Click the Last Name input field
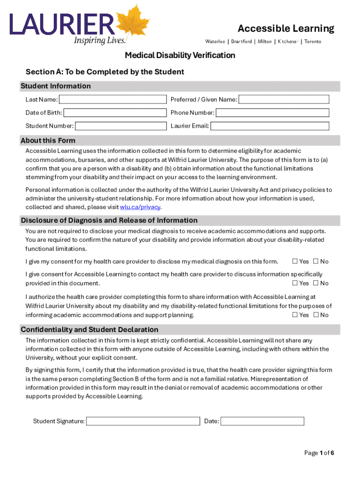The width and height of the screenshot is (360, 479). pyautogui.click(x=113, y=99)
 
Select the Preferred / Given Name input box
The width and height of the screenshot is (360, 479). pyautogui.click(x=284, y=99)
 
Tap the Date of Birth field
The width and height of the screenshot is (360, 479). pyautogui.click(x=115, y=113)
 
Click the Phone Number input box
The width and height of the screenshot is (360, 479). pyautogui.click(x=272, y=113)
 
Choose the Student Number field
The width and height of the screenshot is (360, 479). pyautogui.click(x=121, y=126)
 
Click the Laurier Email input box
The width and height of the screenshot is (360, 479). pyautogui.click(x=269, y=126)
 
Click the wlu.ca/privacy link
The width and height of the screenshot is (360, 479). pyautogui.click(x=140, y=207)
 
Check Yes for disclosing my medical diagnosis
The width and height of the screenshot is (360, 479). pyautogui.click(x=295, y=261)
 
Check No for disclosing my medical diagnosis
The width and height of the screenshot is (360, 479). pyautogui.click(x=316, y=261)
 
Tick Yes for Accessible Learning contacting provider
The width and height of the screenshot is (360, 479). pyautogui.click(x=295, y=283)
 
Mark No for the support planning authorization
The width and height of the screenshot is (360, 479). pyautogui.click(x=316, y=315)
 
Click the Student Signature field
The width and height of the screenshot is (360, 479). pyautogui.click(x=143, y=421)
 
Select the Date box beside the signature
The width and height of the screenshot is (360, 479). pyautogui.click(x=262, y=421)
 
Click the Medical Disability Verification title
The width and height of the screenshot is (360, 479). pyautogui.click(x=180, y=56)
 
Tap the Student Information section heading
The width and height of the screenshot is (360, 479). pyautogui.click(x=56, y=86)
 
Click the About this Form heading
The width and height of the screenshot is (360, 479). pyautogui.click(x=48, y=140)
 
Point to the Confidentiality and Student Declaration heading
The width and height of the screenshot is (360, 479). pyautogui.click(x=89, y=329)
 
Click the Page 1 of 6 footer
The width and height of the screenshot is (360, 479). pyautogui.click(x=319, y=453)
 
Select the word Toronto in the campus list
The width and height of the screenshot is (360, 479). pyautogui.click(x=313, y=42)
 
